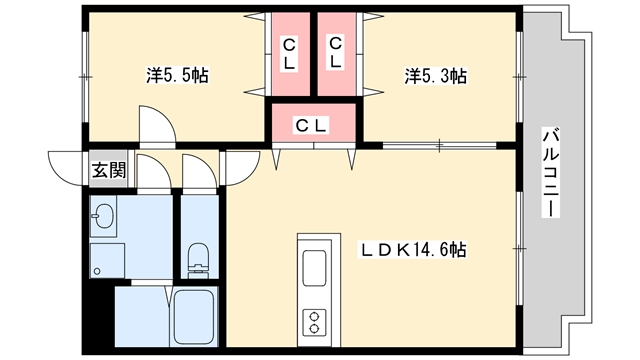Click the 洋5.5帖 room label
(178, 76)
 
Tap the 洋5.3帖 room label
(436, 76)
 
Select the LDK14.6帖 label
(412, 249)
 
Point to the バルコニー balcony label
(551, 172)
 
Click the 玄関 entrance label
(108, 170)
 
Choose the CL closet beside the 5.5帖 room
(289, 53)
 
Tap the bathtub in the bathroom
(194, 317)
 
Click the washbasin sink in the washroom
(103, 216)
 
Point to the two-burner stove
(314, 322)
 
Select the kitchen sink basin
(314, 267)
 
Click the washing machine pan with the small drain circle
(107, 260)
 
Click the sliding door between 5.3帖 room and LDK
(439, 145)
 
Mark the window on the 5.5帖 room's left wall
(85, 77)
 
